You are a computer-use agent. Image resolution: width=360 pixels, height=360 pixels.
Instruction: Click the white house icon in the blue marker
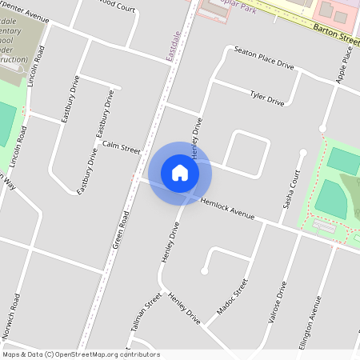click(x=180, y=173)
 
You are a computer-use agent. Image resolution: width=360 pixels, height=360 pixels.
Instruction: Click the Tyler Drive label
click(x=267, y=99)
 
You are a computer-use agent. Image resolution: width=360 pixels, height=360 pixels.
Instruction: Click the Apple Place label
click(x=346, y=64)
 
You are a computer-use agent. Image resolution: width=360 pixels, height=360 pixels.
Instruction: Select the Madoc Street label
click(x=233, y=297)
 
